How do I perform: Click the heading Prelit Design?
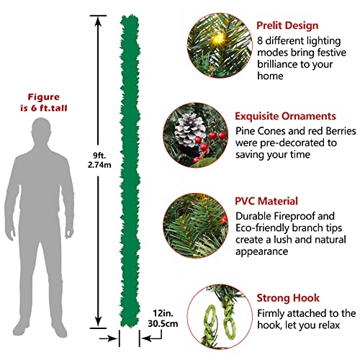pos(287,26)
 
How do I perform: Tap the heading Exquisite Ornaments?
pos(285,116)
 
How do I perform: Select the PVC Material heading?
pos(266,201)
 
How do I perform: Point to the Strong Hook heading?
pos(288,298)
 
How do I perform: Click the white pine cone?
pos(189,130)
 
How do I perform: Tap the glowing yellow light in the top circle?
pos(218,38)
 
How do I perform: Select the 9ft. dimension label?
pos(99,156)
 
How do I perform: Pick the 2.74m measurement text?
pos(99,165)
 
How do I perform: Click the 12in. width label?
pos(163,313)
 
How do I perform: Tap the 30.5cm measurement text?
pos(163,323)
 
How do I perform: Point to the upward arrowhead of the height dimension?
pos(98,21)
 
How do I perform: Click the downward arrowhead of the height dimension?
pos(98,322)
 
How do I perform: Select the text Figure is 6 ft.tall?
pos(43,102)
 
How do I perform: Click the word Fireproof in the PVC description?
pos(294,216)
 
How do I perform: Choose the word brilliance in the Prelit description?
pos(274,64)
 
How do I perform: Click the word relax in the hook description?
pos(329,325)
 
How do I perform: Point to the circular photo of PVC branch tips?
pos(196,225)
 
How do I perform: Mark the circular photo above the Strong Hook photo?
pos(196,225)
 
